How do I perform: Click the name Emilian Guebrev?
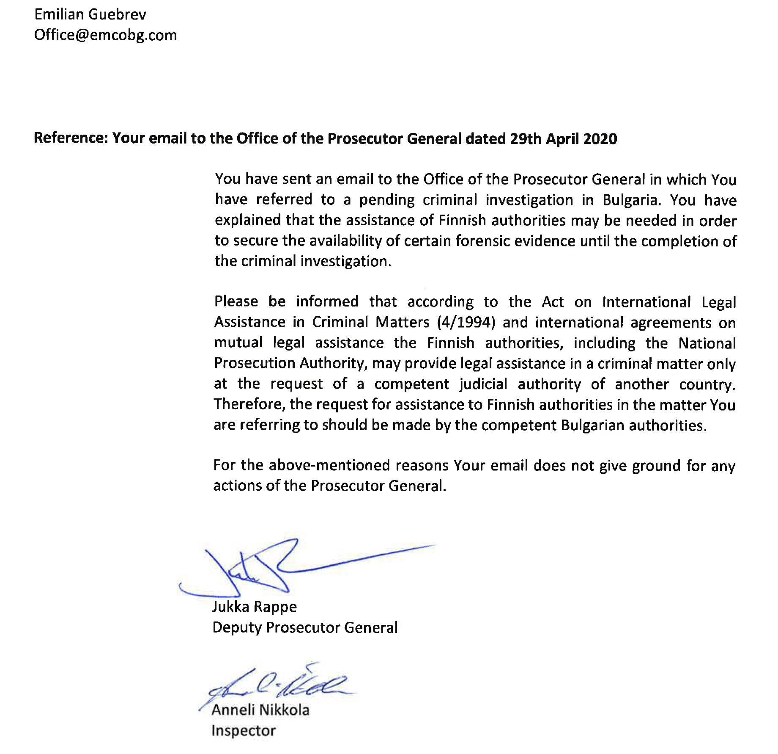(x=90, y=14)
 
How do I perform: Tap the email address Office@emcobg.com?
(x=105, y=35)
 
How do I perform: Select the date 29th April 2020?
(x=563, y=139)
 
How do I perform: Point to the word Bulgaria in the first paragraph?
(x=630, y=200)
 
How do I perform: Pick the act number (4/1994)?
(x=466, y=322)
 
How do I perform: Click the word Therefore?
(x=249, y=404)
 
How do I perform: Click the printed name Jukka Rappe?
(x=254, y=607)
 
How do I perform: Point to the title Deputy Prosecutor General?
(x=305, y=627)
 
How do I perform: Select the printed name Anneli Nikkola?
(x=260, y=710)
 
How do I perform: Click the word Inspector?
(x=244, y=730)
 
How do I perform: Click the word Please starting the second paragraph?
(x=236, y=301)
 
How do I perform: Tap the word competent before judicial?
(x=411, y=384)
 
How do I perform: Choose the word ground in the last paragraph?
(x=656, y=466)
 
